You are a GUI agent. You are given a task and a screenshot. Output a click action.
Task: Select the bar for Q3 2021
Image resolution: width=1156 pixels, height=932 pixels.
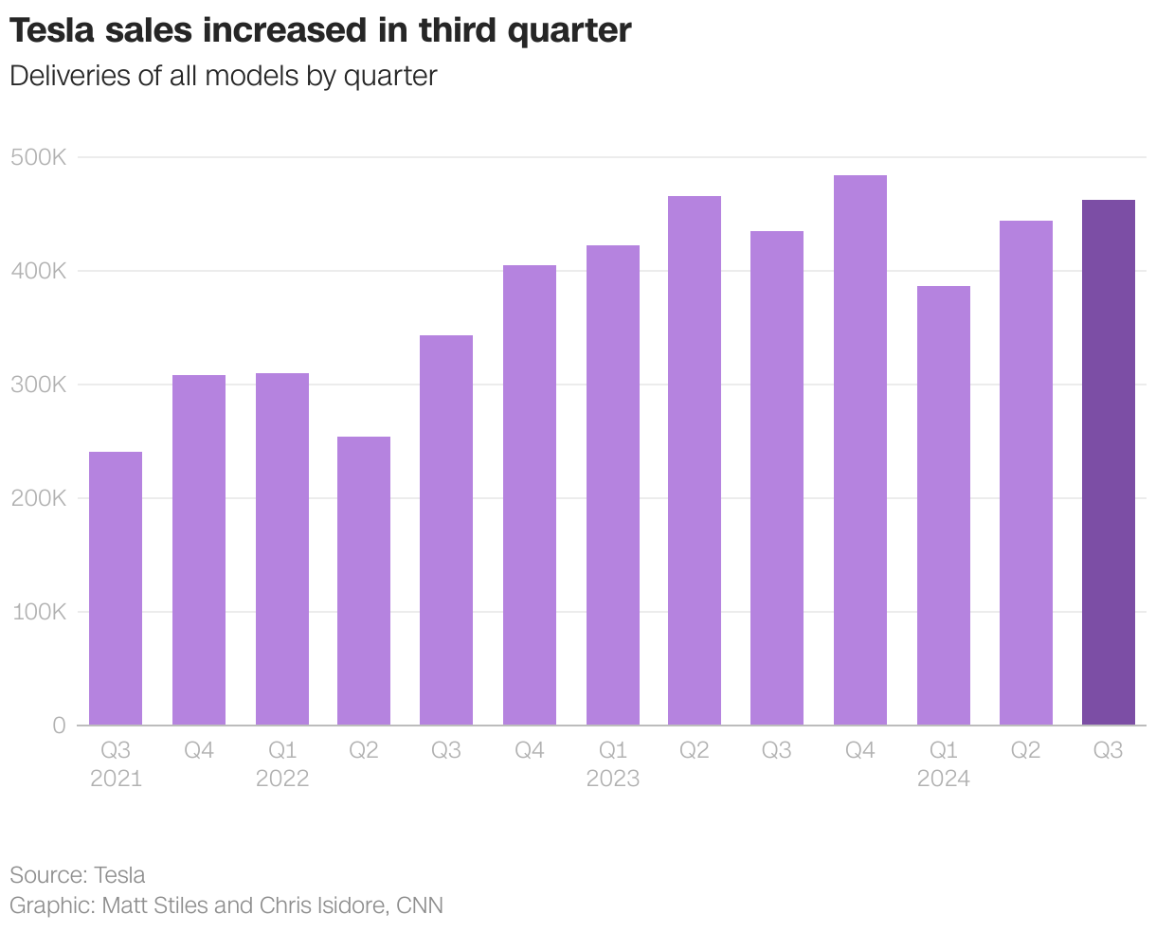116,588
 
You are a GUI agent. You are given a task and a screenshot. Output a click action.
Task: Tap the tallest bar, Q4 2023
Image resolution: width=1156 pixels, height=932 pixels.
860,450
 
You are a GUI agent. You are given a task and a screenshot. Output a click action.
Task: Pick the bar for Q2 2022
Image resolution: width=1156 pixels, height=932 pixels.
364,581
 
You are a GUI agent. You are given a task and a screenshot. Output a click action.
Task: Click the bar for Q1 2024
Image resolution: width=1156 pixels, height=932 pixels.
943,506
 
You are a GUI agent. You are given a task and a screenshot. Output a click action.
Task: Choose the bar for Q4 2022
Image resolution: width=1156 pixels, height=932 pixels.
530,495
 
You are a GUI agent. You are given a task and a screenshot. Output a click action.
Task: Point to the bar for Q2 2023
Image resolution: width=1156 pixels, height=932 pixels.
695,460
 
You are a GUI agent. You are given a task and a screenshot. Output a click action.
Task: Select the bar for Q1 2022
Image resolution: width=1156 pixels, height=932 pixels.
282,549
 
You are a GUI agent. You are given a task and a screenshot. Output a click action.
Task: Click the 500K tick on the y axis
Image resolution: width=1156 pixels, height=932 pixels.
39,157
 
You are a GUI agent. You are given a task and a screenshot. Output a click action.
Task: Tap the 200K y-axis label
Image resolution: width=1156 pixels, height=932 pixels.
39,498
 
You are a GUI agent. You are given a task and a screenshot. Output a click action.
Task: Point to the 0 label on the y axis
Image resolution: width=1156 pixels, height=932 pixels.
59,726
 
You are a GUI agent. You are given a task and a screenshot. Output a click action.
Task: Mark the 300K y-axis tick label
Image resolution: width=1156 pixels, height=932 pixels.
39,385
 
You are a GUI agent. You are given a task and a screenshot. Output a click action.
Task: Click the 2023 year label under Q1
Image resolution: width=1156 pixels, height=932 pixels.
612,779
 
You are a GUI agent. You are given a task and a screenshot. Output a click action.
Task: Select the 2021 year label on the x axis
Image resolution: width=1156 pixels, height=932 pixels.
116,779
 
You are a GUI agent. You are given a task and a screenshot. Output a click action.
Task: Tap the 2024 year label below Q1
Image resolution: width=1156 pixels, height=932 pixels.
943,779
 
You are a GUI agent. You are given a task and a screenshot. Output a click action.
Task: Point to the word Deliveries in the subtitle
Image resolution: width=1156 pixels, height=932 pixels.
69,76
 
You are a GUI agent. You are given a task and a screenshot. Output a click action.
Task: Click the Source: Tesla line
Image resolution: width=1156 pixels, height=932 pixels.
78,874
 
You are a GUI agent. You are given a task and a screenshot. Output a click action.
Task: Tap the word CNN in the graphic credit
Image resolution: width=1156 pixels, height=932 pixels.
420,905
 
